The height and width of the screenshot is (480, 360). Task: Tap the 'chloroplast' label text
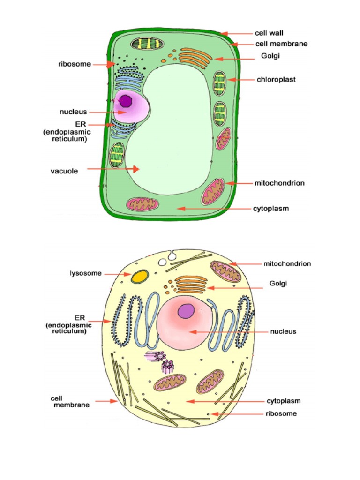click(x=276, y=80)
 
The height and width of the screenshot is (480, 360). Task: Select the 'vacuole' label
click(x=64, y=171)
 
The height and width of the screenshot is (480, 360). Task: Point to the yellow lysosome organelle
click(x=138, y=277)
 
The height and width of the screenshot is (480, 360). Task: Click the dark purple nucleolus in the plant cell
click(x=126, y=101)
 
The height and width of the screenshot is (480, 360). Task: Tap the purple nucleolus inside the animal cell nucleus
click(x=187, y=310)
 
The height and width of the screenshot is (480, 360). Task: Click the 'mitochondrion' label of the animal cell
click(x=287, y=264)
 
